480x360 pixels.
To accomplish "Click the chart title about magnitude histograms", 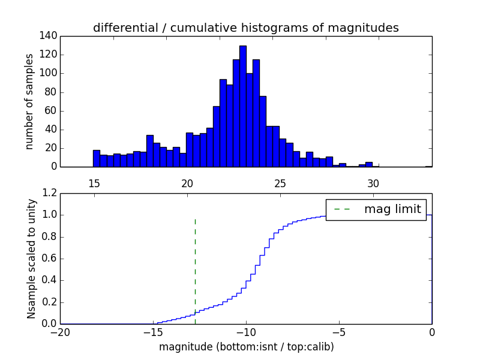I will point(245,28).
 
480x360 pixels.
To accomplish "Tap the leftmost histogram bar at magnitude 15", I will point(97,158).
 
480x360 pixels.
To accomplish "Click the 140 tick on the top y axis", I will point(50,36).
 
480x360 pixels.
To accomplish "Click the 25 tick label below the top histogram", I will point(280,184).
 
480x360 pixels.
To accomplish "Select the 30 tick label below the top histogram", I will point(373,184).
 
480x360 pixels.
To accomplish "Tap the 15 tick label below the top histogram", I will point(94,184).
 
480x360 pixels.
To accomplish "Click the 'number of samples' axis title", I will point(29,101).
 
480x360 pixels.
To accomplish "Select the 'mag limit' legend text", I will point(393,209).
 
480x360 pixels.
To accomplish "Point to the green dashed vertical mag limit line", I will point(195,264).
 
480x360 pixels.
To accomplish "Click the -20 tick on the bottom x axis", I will point(60,332).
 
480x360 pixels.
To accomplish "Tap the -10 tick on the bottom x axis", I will point(245,332).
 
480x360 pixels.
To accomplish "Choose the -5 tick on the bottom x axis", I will point(338,332).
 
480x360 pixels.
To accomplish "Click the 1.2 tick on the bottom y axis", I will point(50,193).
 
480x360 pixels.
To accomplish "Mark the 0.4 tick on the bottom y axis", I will point(50,280).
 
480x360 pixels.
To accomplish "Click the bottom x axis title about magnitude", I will point(246,347).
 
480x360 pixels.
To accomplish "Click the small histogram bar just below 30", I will point(368,164).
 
